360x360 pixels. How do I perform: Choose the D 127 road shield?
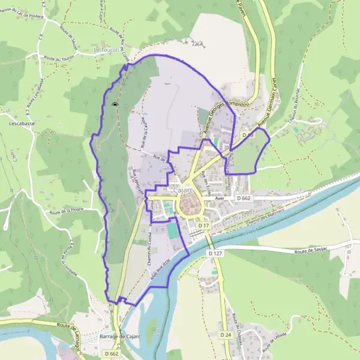216,254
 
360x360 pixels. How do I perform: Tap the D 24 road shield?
226,334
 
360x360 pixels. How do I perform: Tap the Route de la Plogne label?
66,211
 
